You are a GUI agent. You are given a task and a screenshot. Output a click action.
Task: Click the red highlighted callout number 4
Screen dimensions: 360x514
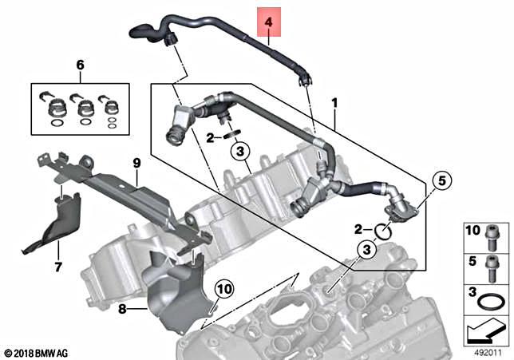point(268,23)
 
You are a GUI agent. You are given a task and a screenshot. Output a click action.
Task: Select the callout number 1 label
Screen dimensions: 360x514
point(334,103)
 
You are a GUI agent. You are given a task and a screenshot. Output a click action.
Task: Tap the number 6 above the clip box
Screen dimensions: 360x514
point(79,65)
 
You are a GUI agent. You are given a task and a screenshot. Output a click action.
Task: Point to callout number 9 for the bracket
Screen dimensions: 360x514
point(136,163)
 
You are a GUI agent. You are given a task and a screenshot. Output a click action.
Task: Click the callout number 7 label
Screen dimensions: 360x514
point(57,267)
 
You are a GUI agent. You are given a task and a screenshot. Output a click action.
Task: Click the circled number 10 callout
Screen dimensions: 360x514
point(223,287)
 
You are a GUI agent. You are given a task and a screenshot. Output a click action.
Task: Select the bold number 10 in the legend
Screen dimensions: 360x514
point(471,231)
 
